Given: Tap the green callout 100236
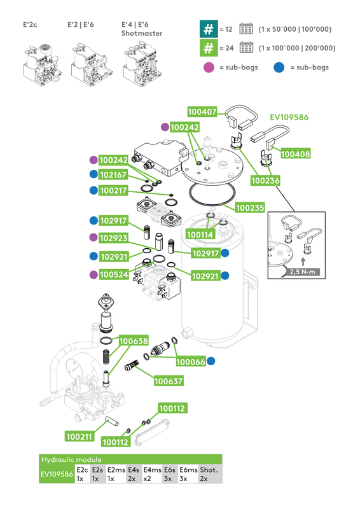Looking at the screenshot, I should click(x=265, y=181).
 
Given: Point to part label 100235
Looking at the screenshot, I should click(x=250, y=207).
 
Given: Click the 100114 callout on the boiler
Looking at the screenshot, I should click(x=200, y=235).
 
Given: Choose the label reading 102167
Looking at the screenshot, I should click(x=114, y=174).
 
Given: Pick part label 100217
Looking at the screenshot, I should click(x=114, y=190).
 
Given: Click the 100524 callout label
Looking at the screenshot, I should click(x=114, y=274).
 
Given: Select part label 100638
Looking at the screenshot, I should click(x=134, y=341).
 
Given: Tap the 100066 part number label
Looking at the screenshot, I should click(x=191, y=361).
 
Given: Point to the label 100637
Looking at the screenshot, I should click(x=168, y=382).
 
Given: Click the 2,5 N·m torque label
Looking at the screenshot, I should click(x=301, y=272).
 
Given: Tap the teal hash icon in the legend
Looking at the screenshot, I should click(x=208, y=29).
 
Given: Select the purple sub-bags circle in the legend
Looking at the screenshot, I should click(x=208, y=67).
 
